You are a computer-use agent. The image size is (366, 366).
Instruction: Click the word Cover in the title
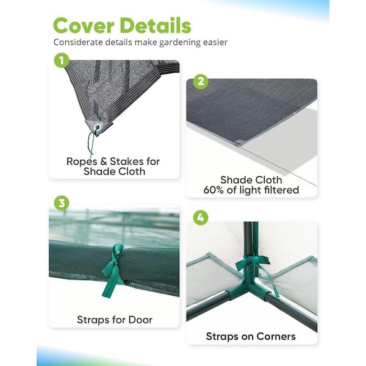click(x=84, y=26)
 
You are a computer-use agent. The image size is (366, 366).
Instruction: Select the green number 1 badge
click(x=62, y=60)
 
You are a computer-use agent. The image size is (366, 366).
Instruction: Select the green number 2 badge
click(x=201, y=82)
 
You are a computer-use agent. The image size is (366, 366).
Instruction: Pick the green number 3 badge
click(x=62, y=203)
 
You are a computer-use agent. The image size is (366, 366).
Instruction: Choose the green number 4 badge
click(x=201, y=218)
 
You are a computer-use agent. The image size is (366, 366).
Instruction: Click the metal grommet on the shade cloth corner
click(x=97, y=127)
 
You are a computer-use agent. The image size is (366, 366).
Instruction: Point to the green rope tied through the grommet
click(x=91, y=143)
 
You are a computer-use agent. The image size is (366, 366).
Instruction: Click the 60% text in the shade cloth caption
click(x=213, y=190)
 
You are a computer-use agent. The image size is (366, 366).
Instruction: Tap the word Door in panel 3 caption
click(x=140, y=320)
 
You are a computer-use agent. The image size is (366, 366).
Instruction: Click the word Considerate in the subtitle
click(x=78, y=42)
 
